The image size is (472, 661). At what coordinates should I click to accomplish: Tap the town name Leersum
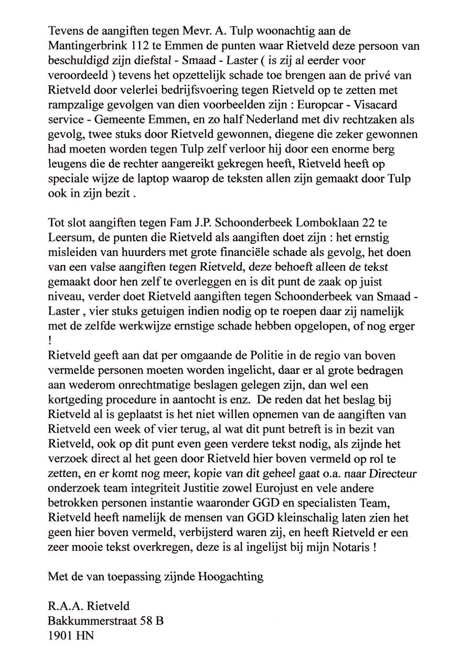coord(70,238)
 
